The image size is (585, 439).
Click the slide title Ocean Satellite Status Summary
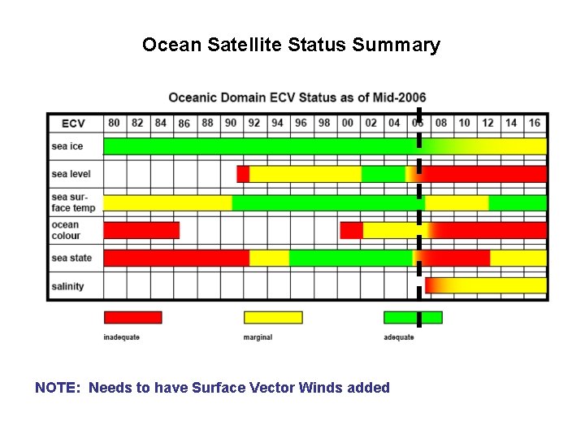[x=291, y=45]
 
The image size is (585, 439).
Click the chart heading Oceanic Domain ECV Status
[x=297, y=98]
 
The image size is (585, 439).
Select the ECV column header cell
[x=73, y=124]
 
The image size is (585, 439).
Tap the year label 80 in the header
[x=114, y=123]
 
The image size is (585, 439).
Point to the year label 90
[x=231, y=123]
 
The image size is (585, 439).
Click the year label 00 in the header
[x=348, y=123]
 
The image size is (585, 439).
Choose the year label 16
[x=534, y=123]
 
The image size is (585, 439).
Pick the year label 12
[x=487, y=123]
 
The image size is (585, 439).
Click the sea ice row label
[x=67, y=146]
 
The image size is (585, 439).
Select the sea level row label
[x=71, y=174]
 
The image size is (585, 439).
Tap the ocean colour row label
[x=66, y=230]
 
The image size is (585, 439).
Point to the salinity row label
[x=67, y=286]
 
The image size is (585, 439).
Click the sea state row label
[x=71, y=259]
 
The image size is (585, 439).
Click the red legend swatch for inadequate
[x=132, y=317]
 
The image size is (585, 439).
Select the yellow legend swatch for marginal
[x=273, y=317]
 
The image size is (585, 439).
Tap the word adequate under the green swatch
[x=398, y=337]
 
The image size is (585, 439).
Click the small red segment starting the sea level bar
[x=243, y=174]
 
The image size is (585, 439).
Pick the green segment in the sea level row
[x=383, y=174]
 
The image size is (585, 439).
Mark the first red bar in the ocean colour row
[x=141, y=230]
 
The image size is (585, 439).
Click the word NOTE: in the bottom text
[x=58, y=388]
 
